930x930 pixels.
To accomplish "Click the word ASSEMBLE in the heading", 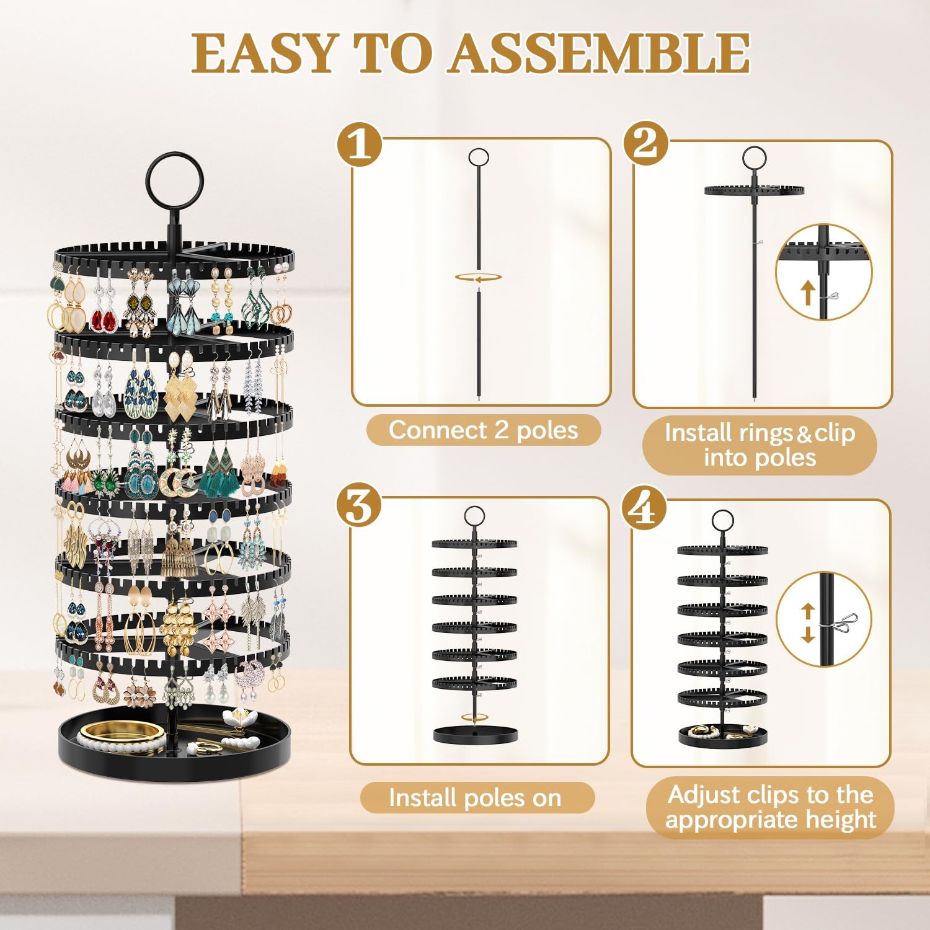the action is click(x=600, y=53).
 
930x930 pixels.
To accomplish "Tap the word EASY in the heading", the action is click(x=265, y=53).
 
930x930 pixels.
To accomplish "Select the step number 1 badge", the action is click(x=360, y=143).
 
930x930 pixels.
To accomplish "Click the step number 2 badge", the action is click(x=645, y=143).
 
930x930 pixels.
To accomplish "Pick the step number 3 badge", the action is click(x=360, y=507).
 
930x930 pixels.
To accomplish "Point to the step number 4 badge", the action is click(x=645, y=507).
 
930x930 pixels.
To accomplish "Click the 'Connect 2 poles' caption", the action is click(x=483, y=430).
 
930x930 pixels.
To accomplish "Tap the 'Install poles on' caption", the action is click(x=476, y=797).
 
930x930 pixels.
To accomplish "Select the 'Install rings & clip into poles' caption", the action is click(x=759, y=445).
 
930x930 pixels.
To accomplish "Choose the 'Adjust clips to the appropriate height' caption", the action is click(x=770, y=807).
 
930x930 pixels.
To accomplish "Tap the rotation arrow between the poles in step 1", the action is click(x=478, y=278).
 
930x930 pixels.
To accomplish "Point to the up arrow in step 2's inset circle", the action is click(x=807, y=292).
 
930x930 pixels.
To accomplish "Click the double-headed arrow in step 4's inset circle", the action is click(x=807, y=623).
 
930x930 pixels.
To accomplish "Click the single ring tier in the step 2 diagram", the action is click(x=754, y=189).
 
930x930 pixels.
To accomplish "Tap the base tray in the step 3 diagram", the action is click(x=476, y=735).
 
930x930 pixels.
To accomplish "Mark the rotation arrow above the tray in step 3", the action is click(x=475, y=717).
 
